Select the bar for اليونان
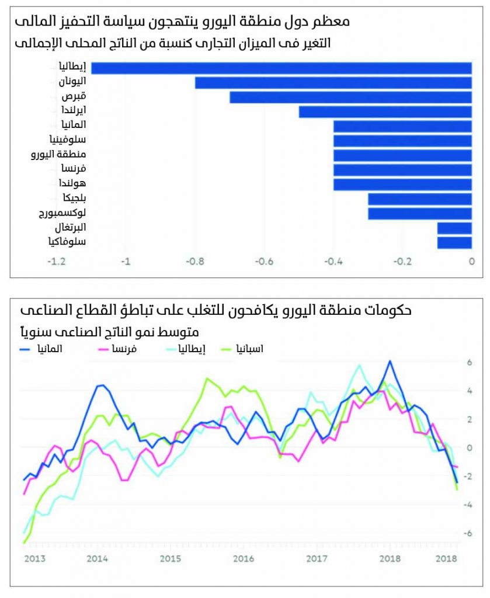(x=333, y=82)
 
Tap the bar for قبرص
(x=350, y=97)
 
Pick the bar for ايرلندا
(x=385, y=112)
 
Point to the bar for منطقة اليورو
(x=403, y=155)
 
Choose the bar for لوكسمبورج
(x=420, y=214)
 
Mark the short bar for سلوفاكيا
(x=454, y=242)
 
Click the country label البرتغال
(x=68, y=227)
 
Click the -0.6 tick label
(x=265, y=262)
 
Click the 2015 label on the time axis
(x=170, y=559)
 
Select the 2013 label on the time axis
(x=35, y=559)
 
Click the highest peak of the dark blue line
(x=390, y=361)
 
